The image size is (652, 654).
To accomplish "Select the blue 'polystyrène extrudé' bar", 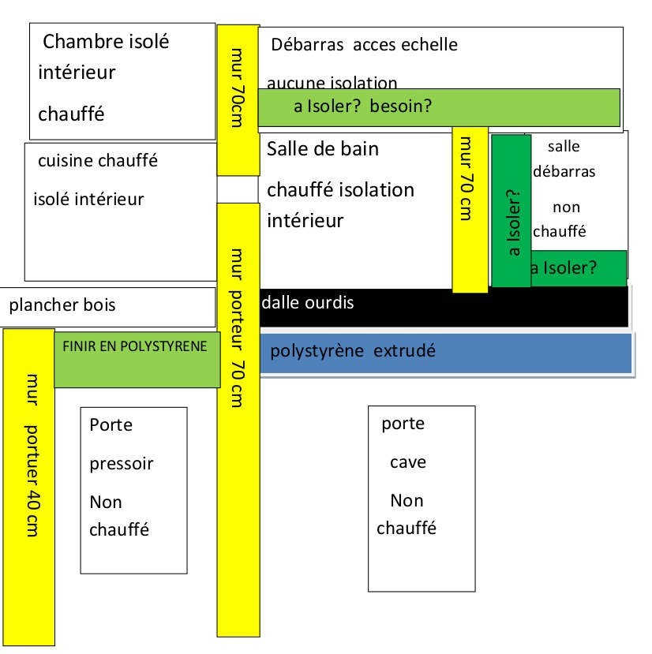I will click(446, 353).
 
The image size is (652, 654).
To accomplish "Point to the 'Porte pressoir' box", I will click(133, 490).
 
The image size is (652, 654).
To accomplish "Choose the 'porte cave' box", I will click(422, 498).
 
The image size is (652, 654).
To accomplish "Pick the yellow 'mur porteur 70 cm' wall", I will click(238, 418).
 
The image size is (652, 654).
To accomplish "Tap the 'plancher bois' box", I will click(108, 306).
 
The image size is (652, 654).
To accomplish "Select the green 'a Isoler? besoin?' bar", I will click(439, 107).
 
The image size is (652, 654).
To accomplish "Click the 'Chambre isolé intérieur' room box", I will click(122, 81).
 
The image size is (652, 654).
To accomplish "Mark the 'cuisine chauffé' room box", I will click(120, 211).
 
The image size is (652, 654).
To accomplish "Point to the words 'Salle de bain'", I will click(323, 149).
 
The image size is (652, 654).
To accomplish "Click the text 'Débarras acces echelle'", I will click(364, 45).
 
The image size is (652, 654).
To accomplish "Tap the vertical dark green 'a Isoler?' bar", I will click(511, 211).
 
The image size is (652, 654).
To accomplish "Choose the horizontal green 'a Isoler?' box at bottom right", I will click(579, 267).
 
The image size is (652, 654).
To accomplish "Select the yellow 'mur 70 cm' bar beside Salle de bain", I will click(470, 209).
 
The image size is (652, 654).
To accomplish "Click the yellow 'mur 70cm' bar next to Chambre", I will click(238, 99).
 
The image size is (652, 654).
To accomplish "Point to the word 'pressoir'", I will click(121, 464).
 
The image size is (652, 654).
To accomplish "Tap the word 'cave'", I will click(408, 462).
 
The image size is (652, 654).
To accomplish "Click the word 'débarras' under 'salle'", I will click(564, 171).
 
